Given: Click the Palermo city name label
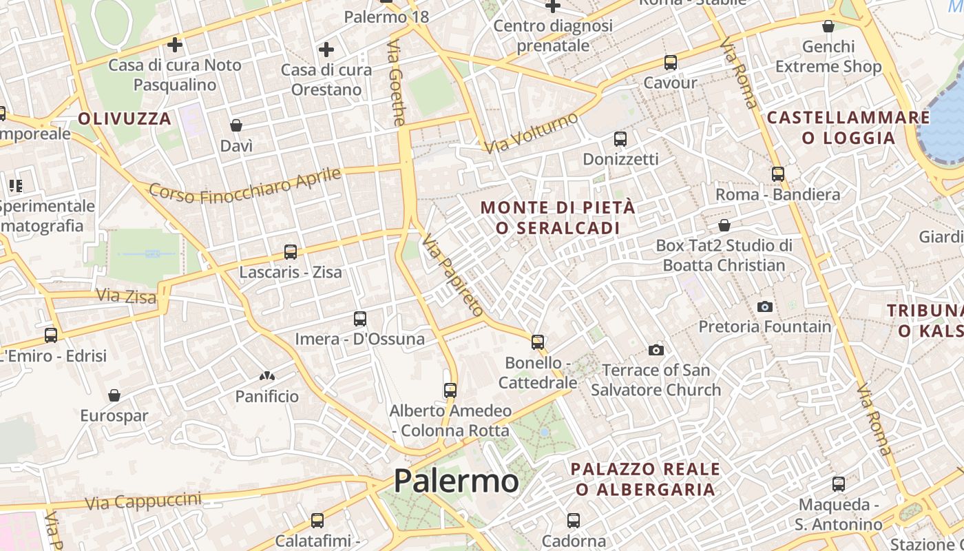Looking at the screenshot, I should click(456, 481).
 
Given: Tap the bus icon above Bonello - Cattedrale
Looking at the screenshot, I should click(538, 342).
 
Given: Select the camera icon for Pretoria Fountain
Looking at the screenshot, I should click(764, 306).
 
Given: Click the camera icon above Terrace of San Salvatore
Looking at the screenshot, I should click(656, 350).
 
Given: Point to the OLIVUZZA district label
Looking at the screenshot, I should click(125, 118).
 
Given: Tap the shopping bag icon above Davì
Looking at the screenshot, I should click(236, 125).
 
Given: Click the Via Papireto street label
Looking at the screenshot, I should click(453, 274).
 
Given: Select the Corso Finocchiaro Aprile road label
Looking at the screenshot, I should click(245, 185).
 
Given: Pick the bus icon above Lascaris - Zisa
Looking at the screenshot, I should click(291, 252).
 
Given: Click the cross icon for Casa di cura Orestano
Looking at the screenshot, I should click(326, 50).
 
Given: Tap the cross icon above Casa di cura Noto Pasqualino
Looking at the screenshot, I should click(175, 45).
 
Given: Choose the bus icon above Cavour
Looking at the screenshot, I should click(671, 63).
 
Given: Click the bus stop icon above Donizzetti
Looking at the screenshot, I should click(620, 139).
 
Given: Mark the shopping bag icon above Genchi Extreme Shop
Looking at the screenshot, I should click(828, 27).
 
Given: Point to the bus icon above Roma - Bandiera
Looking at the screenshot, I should click(778, 174).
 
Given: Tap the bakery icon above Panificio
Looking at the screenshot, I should click(267, 377).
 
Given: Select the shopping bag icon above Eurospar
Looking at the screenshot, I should click(114, 395).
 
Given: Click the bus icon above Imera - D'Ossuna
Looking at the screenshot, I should click(360, 318).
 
